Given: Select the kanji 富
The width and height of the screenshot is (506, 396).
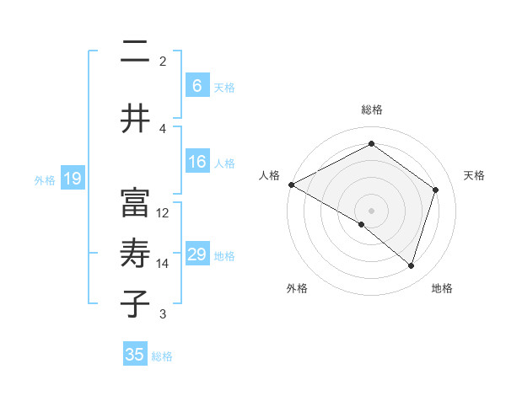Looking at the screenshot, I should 135,202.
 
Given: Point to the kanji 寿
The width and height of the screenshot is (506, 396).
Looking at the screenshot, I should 135,253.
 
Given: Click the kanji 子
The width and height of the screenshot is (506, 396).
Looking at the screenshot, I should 135,303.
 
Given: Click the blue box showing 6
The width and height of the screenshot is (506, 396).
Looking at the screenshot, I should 196,86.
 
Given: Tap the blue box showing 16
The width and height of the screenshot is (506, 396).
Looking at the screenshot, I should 196,163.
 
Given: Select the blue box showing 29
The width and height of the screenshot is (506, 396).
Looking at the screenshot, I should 196,254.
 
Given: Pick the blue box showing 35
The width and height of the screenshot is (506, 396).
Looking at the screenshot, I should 135,355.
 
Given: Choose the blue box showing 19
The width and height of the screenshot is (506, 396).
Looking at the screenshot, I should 72,179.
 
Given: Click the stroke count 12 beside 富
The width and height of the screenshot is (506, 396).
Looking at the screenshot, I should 163,212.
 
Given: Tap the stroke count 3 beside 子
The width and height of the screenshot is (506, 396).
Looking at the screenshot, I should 163,314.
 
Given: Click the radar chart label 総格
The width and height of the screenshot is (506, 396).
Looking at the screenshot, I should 371,110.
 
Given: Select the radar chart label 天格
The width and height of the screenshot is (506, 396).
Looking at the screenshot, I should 474,175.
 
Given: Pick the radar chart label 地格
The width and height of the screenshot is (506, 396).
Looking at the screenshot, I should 442,288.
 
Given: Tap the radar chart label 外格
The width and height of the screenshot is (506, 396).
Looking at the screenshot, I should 297,288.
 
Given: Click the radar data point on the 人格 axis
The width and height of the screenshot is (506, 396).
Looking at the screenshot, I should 291,185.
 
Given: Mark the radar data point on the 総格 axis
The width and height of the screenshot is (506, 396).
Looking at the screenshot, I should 371,144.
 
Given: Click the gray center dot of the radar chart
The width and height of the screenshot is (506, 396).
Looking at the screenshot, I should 371,209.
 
